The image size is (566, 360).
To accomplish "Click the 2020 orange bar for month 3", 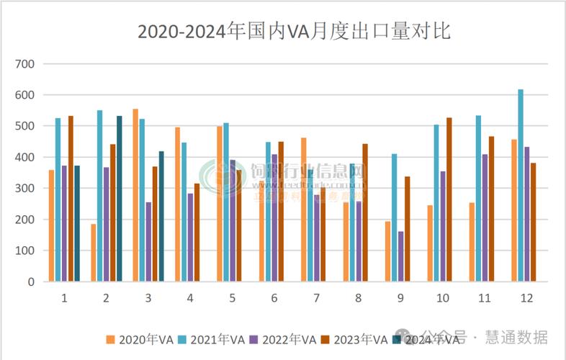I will (135, 195).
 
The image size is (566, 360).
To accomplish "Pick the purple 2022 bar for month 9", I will (400, 256).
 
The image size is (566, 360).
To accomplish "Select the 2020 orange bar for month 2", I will (94, 253).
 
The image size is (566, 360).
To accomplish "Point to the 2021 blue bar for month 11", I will (479, 199).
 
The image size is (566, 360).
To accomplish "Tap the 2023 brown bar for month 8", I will (365, 212).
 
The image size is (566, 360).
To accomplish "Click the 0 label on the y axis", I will (31, 282).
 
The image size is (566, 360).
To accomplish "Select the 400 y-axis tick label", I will (24, 158).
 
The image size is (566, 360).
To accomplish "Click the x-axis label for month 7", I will (315, 297).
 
